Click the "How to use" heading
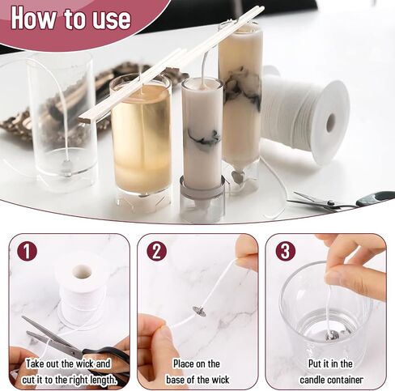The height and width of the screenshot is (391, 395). [x=71, y=19]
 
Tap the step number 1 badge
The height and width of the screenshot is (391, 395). [x=27, y=251]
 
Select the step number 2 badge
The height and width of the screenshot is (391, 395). [x=157, y=251]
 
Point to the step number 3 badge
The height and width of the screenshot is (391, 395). [x=286, y=251]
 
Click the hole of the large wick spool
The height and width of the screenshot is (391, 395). [x=331, y=124]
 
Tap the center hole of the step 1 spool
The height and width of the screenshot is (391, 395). [x=83, y=272]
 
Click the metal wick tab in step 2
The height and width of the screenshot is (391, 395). [x=200, y=311]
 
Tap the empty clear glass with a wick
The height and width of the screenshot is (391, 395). [x=62, y=121]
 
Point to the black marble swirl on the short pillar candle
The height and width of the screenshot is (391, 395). [x=204, y=136]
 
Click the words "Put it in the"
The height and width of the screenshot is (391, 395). [x=330, y=363]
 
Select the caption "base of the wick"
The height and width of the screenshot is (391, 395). [x=197, y=380]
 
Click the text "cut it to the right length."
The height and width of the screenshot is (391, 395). [x=69, y=380]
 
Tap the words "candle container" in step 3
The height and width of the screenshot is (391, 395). [x=331, y=380]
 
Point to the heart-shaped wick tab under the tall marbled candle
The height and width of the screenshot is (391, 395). [x=238, y=176]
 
